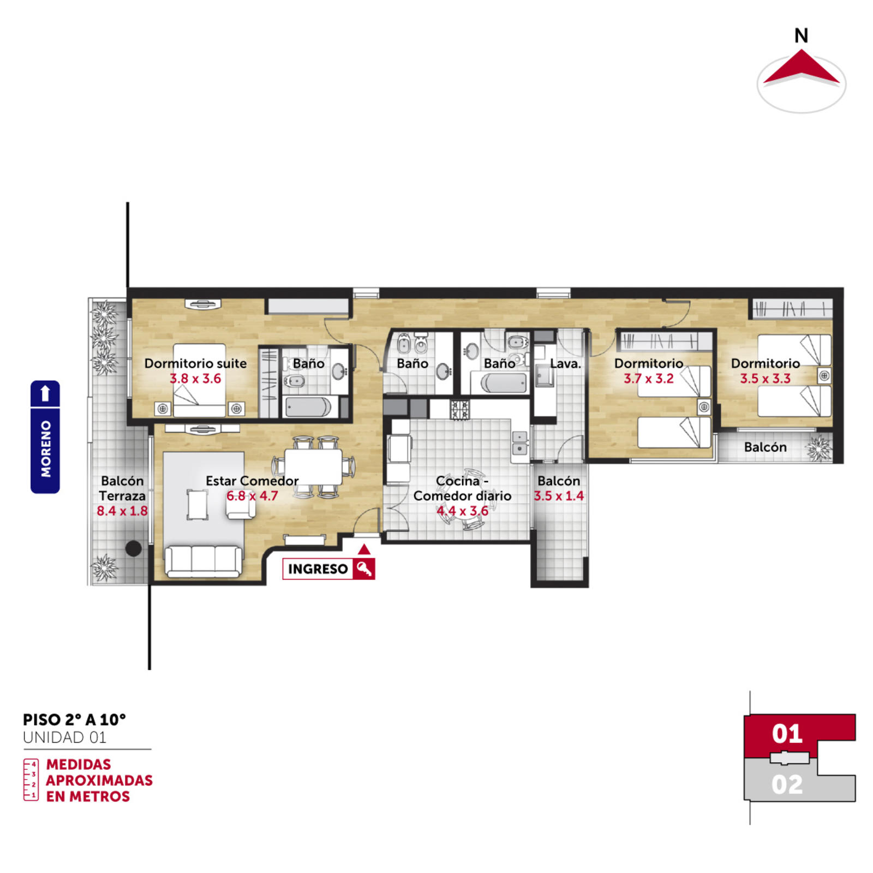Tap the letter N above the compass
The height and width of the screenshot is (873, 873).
(801, 36)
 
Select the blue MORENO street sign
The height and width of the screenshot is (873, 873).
(45, 436)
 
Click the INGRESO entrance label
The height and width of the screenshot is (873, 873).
(318, 569)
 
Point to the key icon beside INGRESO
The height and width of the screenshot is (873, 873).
(364, 569)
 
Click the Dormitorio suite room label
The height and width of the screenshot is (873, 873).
(195, 363)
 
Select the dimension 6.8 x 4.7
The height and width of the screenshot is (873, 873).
(252, 496)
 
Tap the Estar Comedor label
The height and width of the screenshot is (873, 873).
(252, 481)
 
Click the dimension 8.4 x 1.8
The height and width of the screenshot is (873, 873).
(122, 511)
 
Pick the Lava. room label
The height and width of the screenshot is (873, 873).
(565, 363)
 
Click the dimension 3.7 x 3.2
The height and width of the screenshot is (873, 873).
(649, 379)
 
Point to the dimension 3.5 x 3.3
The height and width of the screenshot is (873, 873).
(766, 379)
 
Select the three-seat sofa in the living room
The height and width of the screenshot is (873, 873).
(204, 561)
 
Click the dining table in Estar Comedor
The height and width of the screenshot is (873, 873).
(313, 467)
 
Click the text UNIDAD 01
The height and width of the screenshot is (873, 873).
(64, 738)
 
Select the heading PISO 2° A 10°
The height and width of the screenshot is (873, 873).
(74, 720)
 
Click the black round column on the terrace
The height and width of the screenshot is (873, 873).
(133, 548)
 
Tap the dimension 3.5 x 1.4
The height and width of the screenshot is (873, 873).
(559, 496)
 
